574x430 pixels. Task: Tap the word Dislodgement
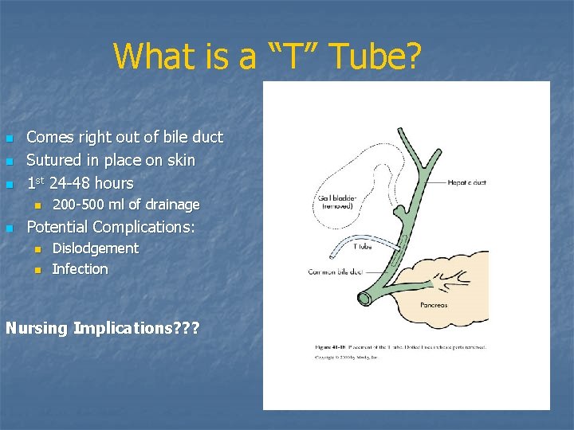point(95,248)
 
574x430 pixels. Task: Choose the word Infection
point(80,269)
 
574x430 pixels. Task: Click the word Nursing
point(37,327)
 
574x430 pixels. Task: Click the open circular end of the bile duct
point(367,298)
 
